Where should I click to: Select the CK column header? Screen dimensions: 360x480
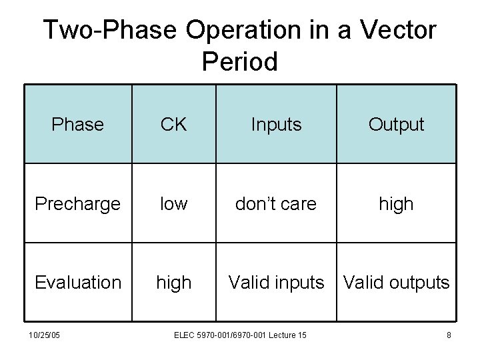(x=173, y=125)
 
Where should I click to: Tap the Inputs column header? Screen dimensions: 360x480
(x=276, y=125)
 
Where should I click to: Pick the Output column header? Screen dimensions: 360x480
(x=396, y=125)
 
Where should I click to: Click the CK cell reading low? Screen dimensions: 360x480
(x=173, y=203)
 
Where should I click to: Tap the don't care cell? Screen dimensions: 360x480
(x=276, y=203)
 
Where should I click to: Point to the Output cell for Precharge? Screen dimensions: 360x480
(x=396, y=203)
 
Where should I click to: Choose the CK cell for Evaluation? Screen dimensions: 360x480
(x=173, y=282)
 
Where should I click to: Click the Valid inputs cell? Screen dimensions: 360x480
(x=276, y=282)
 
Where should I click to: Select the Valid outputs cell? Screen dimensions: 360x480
(x=396, y=282)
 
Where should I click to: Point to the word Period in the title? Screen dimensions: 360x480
(x=239, y=61)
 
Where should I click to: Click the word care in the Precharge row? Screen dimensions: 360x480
(x=297, y=203)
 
